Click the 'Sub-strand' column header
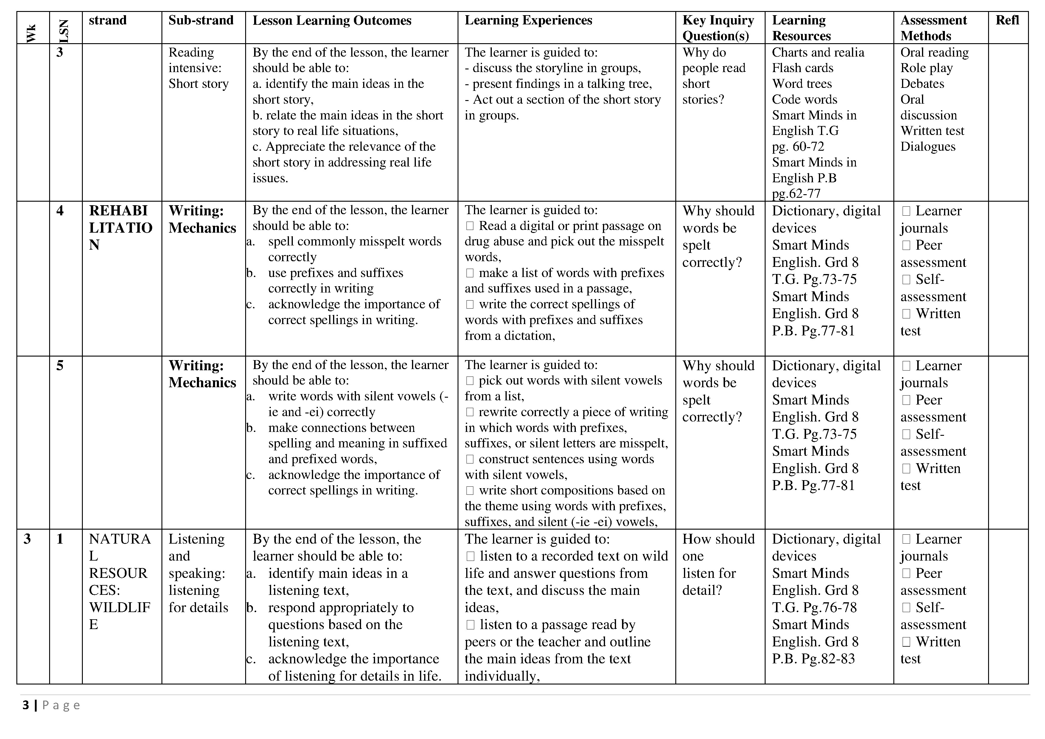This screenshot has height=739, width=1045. click(201, 21)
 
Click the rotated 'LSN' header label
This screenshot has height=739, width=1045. click(64, 31)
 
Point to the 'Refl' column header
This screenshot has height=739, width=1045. click(1007, 21)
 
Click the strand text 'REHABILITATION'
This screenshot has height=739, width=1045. click(120, 228)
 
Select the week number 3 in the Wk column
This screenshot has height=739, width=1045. click(27, 539)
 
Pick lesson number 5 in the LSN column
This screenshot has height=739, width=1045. click(60, 366)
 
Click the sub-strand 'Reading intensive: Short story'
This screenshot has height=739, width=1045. click(198, 68)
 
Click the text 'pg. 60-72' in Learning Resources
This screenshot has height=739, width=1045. click(798, 147)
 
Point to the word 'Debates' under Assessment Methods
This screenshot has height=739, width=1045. click(922, 84)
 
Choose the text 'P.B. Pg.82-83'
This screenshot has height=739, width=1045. click(813, 659)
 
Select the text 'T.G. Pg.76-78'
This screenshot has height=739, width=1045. click(814, 607)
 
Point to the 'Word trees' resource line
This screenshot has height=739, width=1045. click(802, 84)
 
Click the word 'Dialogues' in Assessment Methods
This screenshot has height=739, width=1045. click(928, 147)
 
